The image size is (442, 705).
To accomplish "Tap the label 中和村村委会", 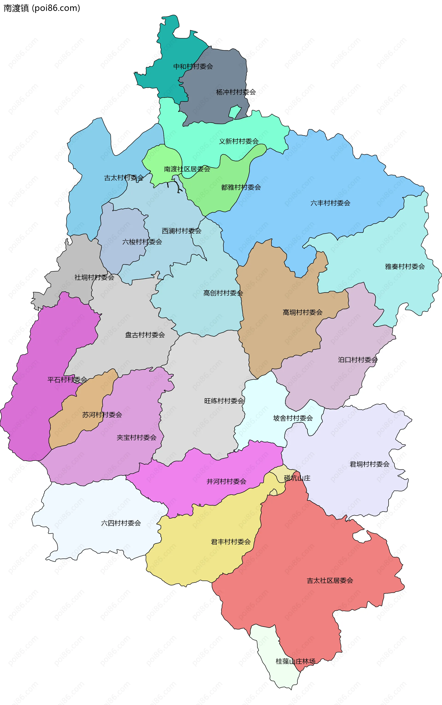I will tap(193, 66).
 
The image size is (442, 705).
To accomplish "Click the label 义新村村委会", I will tap(238, 142).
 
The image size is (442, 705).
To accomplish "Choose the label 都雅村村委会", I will tap(241, 187).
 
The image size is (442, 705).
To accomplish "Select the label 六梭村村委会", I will tap(142, 242).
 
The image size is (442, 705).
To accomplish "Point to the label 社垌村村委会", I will tap(94, 278).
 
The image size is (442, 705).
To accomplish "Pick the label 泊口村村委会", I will tap(358, 360).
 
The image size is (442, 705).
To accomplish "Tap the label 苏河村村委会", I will tap(102, 415).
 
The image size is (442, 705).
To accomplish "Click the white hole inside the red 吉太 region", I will tap(362, 536).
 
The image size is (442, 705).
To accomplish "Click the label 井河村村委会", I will tap(226, 482).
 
